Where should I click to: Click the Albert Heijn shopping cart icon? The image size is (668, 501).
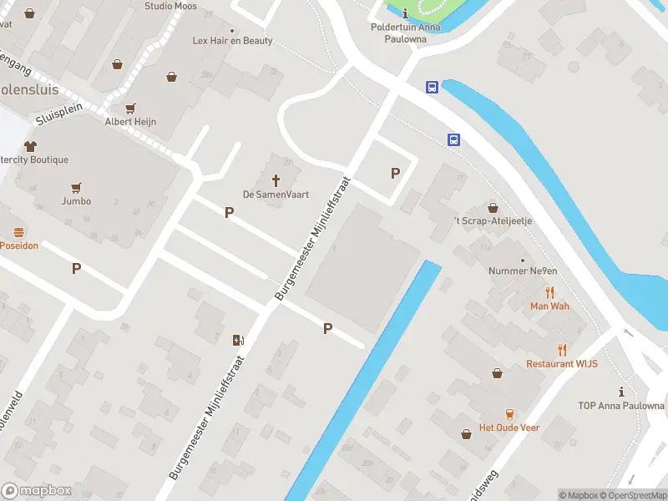130,109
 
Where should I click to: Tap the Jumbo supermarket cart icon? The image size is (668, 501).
76,188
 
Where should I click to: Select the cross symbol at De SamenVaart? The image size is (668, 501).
276,180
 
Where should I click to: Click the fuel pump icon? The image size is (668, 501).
239,339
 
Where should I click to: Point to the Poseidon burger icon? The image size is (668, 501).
18,232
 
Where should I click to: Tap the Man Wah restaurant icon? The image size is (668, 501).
549,292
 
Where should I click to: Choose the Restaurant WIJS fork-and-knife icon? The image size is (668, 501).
562,351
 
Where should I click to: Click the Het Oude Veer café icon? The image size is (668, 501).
509,414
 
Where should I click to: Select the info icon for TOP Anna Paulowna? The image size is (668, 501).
620,392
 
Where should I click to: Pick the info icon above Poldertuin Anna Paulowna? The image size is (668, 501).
405,13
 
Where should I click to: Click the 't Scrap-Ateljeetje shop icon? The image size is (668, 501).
493,207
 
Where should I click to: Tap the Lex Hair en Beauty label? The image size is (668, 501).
232,40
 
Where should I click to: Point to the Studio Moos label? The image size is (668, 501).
170,6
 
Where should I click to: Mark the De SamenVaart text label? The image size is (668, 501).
276,195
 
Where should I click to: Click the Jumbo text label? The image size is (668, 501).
76,201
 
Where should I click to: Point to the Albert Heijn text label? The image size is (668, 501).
130,122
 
